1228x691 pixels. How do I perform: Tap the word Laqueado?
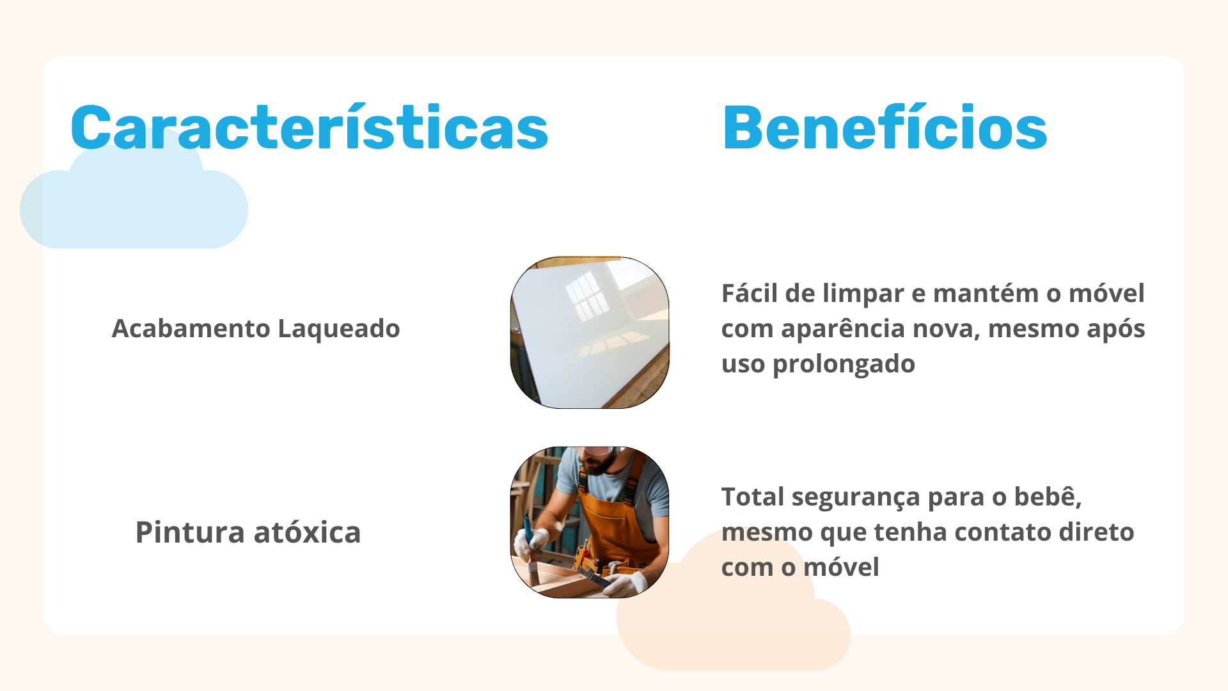click(x=339, y=329)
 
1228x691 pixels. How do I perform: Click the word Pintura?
click(x=190, y=532)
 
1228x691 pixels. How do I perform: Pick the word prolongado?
click(x=844, y=365)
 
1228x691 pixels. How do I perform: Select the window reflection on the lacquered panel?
click(x=588, y=296)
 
